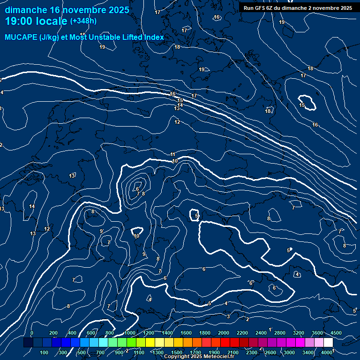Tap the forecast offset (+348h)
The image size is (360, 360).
click(83, 21)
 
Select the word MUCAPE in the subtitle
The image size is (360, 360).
click(22, 37)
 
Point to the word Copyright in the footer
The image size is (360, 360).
click(177, 357)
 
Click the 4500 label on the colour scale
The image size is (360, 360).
click(336, 333)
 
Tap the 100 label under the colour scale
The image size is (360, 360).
click(45, 352)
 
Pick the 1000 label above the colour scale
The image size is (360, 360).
click(129, 333)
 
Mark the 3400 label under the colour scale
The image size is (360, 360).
click(308, 352)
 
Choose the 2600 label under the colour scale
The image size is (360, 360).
click(270, 352)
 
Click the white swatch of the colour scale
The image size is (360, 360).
click(328, 343)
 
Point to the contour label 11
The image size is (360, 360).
click(173, 154)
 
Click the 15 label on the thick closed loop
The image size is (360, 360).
click(302, 105)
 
